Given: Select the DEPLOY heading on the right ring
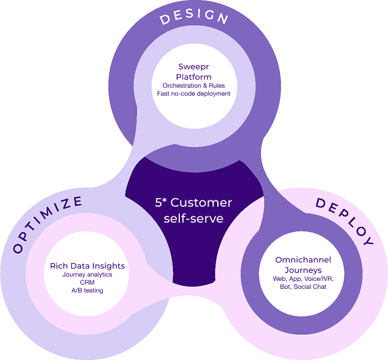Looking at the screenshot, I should pos(344,221).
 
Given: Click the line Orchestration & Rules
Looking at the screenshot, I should pos(194,85).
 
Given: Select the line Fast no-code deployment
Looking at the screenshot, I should pos(194,94).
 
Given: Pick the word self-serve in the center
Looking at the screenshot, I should pos(192,218).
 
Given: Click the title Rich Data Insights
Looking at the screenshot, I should pos(87,266).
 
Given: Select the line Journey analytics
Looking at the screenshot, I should pos(87,275).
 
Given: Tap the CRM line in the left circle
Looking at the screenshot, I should pos(87,283).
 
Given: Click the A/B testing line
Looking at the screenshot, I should pos(87,291).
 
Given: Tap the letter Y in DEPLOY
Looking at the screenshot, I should pos(367,240).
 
